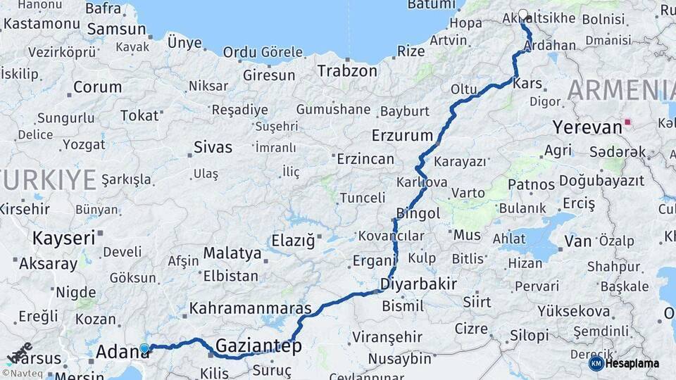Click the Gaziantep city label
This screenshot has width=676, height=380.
(258, 346)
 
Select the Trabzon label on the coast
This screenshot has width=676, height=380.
(347, 70)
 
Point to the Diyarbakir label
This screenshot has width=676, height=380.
(418, 284)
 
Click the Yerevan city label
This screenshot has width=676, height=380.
(587, 127)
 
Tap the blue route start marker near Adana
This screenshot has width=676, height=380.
(144, 348)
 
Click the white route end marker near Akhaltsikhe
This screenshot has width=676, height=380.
(522, 13)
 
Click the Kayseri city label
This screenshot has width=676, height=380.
(63, 238)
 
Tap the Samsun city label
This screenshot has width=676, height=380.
(117, 30)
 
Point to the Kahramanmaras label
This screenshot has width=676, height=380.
(250, 308)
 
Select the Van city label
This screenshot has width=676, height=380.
(577, 241)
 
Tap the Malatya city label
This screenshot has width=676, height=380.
(232, 253)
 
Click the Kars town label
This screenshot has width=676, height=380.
(528, 83)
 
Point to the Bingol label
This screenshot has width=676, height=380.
(418, 213)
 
